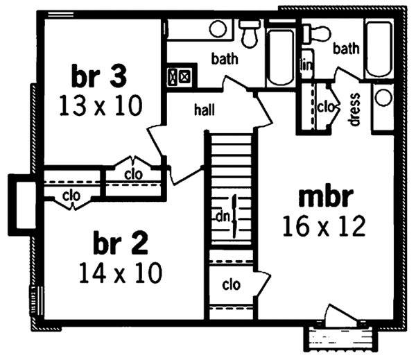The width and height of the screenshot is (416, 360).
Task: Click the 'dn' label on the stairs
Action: [x=223, y=216]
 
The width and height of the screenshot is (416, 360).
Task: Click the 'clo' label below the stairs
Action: [x=231, y=284]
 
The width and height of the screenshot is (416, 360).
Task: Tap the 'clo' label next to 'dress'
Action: [x=325, y=106]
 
